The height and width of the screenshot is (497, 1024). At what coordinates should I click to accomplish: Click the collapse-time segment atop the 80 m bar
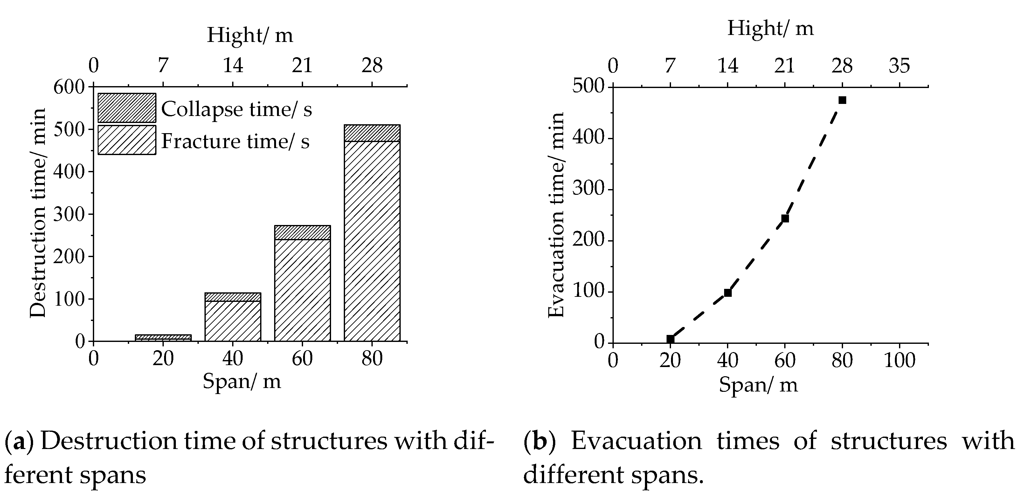372,133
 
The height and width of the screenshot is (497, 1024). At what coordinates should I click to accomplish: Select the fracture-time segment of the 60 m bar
302,290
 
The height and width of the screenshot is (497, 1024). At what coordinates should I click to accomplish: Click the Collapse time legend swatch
127,108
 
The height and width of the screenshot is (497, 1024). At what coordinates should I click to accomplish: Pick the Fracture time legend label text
235,141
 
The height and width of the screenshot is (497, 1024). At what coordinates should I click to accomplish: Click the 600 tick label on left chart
69,87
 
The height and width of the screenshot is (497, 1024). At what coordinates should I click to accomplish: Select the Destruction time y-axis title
38,213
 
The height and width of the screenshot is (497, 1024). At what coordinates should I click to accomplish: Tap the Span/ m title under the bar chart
242,381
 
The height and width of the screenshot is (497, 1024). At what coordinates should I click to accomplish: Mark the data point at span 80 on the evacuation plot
842,100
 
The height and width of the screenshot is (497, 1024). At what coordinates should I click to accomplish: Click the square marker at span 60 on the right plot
785,219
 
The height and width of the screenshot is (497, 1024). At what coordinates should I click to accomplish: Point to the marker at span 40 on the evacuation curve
728,293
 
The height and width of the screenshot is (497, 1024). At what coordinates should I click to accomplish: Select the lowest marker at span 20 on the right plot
670,339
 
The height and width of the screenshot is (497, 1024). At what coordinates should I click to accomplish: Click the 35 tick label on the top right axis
899,65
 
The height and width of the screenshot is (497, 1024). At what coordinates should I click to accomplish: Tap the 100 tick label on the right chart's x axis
899,361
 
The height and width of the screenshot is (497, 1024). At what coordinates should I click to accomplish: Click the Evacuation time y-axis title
556,214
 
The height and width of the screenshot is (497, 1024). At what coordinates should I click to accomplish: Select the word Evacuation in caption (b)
636,442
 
